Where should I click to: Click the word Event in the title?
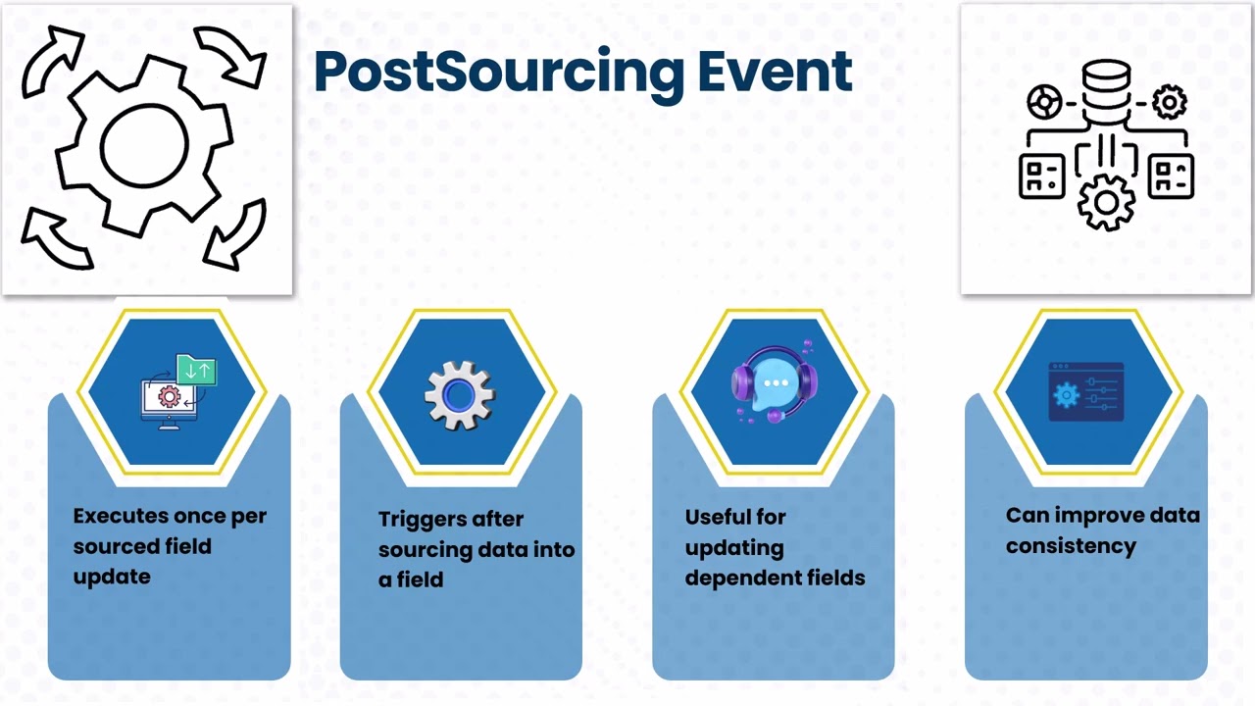point(775,72)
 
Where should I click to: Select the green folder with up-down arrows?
point(197,370)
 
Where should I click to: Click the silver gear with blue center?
point(460,395)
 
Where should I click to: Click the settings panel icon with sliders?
point(1085,391)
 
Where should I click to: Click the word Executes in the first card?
point(121,516)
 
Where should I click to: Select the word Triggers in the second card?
point(425,520)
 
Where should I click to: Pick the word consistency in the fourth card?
point(1071,546)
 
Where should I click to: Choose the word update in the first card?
point(112,578)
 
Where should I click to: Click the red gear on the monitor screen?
point(170,397)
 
